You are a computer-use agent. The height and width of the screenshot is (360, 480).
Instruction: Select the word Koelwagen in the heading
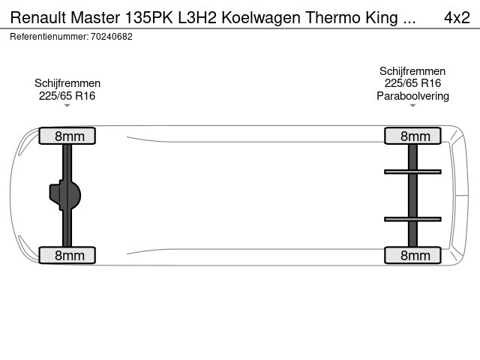pos(261,17)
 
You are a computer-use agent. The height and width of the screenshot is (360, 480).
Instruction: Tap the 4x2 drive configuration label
pos(457,17)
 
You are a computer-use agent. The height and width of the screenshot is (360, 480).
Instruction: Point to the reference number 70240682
pos(112,37)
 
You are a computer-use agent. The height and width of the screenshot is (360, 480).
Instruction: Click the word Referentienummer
pos(49,37)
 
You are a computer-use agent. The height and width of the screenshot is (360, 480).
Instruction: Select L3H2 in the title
pos(197,17)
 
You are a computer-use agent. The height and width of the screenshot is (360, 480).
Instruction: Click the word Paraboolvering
pos(412,96)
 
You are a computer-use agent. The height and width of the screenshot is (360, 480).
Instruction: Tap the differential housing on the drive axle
pos(65,195)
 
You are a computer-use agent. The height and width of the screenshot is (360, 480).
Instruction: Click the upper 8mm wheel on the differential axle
pos(67,136)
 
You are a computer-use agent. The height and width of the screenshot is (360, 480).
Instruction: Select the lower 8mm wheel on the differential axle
pos(67,255)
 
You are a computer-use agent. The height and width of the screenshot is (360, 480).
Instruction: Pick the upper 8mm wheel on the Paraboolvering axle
pos(412,136)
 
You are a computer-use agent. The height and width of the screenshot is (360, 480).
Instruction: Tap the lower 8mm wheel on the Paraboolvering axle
pos(412,255)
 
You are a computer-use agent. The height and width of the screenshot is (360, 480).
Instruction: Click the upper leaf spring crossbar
pos(412,172)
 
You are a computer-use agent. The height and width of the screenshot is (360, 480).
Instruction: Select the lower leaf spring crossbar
pos(412,219)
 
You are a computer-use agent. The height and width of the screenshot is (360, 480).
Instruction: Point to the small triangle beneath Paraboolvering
pos(412,106)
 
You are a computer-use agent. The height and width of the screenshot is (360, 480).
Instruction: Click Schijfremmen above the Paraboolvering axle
pos(412,71)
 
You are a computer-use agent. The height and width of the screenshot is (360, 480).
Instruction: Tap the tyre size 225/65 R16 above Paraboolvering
pos(412,83)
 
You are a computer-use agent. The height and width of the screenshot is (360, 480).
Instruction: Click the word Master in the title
pos(95,17)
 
